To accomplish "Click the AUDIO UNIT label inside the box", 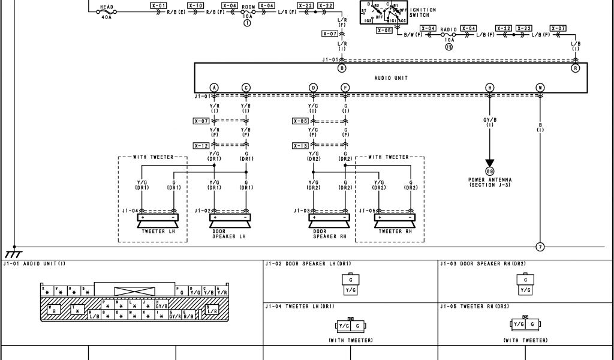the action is coord(391,78).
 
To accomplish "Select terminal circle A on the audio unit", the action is coord(214,88).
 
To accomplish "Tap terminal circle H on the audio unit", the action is coord(490,88).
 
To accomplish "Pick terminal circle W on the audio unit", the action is coord(540,88).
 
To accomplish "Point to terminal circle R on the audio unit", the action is coord(576,68).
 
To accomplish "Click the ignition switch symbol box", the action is coord(383,13).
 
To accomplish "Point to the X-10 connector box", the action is coord(195,5).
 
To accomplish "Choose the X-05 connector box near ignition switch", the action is coord(384,30).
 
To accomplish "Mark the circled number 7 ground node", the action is coord(540,247).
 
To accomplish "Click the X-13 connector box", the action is coord(301,146).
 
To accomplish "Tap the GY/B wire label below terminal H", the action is coord(490,119).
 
